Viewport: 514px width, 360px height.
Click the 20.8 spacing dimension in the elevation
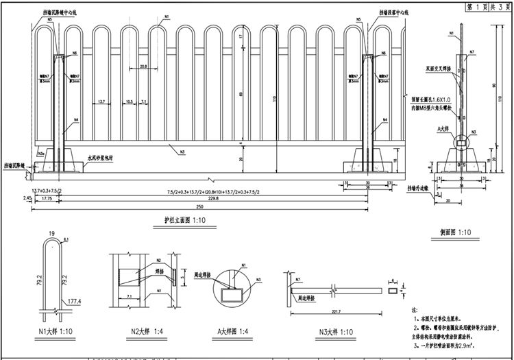click(x=143, y=67)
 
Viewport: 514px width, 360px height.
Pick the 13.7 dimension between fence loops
click(x=101, y=101)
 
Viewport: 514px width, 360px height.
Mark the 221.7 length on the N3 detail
click(x=336, y=312)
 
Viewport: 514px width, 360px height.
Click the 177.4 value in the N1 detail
click(x=73, y=301)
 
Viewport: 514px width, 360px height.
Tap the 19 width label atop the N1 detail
click(x=52, y=235)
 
